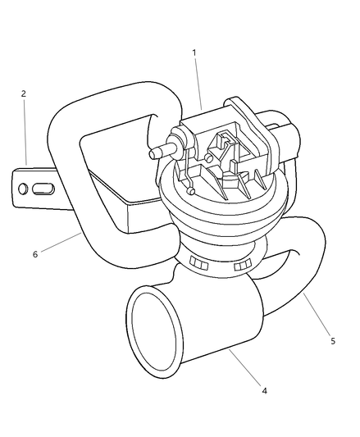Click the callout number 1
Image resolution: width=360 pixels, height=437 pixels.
[x=194, y=52]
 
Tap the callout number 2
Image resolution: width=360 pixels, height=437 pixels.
[x=24, y=93]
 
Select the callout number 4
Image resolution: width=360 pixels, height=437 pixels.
[x=264, y=391]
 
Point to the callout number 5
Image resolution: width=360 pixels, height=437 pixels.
[x=333, y=341]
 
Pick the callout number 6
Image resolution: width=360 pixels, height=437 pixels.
[x=35, y=254]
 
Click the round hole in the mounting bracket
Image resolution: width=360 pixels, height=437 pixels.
[x=23, y=189]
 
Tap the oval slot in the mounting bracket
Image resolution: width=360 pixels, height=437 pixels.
[x=43, y=189]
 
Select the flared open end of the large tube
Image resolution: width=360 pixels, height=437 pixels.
[x=154, y=332]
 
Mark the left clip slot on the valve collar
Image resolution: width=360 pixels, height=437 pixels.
[x=198, y=263]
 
